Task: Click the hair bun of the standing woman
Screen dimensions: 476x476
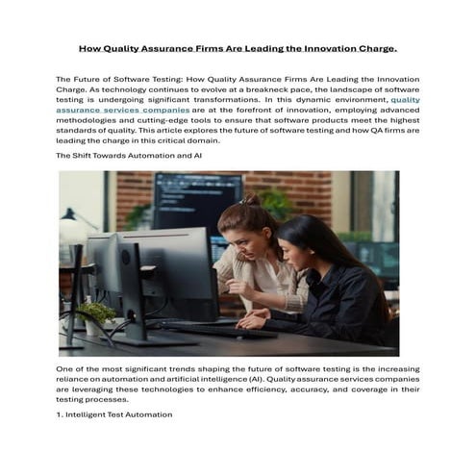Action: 253,201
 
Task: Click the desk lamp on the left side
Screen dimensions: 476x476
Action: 71,226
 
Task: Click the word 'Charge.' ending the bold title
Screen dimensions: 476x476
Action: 376,47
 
